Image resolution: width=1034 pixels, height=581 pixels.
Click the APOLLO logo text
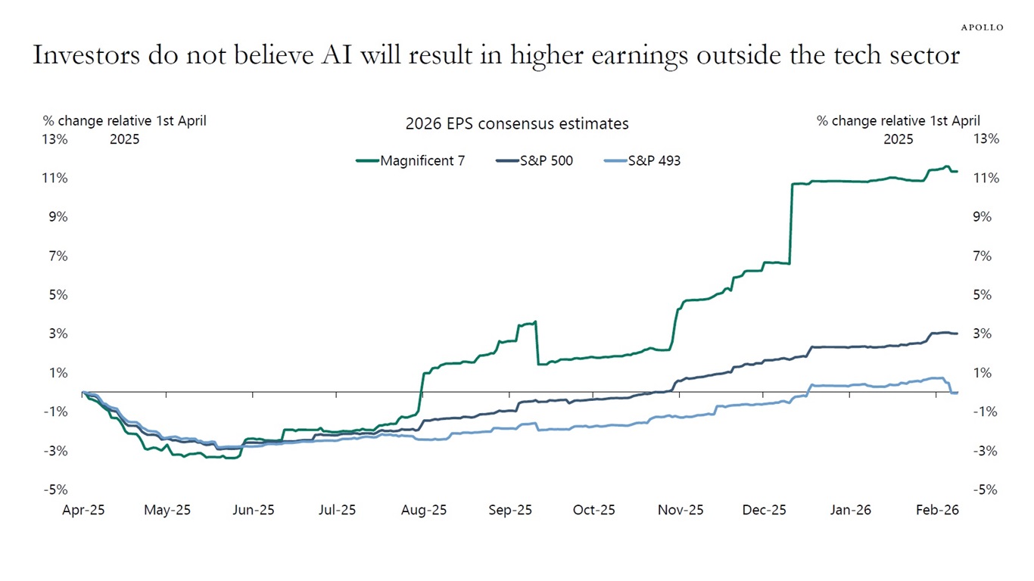(982, 27)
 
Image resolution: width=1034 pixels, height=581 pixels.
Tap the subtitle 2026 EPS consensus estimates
(517, 123)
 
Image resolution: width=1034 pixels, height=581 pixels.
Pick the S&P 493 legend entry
(643, 160)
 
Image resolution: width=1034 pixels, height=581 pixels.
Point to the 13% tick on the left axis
(55, 139)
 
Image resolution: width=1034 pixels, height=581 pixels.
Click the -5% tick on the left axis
(55, 489)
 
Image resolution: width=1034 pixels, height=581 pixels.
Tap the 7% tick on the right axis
(981, 256)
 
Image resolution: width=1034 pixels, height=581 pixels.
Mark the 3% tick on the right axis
(981, 334)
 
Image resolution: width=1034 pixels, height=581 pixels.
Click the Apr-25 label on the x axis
(83, 510)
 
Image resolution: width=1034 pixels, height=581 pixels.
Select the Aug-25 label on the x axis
(424, 510)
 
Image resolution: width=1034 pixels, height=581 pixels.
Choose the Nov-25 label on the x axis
(681, 510)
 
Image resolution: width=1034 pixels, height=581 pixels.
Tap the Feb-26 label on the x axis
(937, 510)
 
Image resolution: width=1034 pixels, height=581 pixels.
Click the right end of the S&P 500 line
(957, 334)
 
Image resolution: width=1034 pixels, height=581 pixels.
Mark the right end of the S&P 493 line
(957, 392)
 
